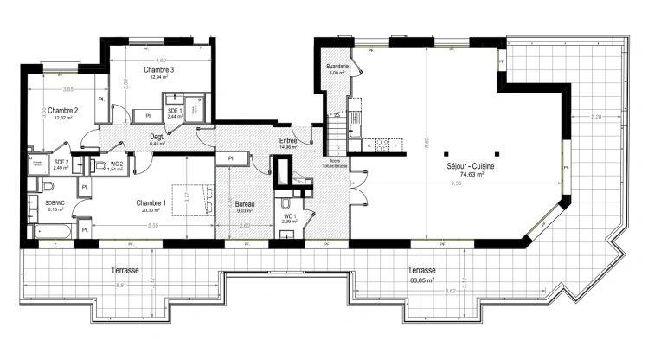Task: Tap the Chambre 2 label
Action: tap(63, 110)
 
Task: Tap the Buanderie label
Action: tap(337, 67)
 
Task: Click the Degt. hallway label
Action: tap(157, 136)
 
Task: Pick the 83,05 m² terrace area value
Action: tap(422, 280)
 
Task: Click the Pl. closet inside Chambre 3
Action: tap(148, 115)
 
